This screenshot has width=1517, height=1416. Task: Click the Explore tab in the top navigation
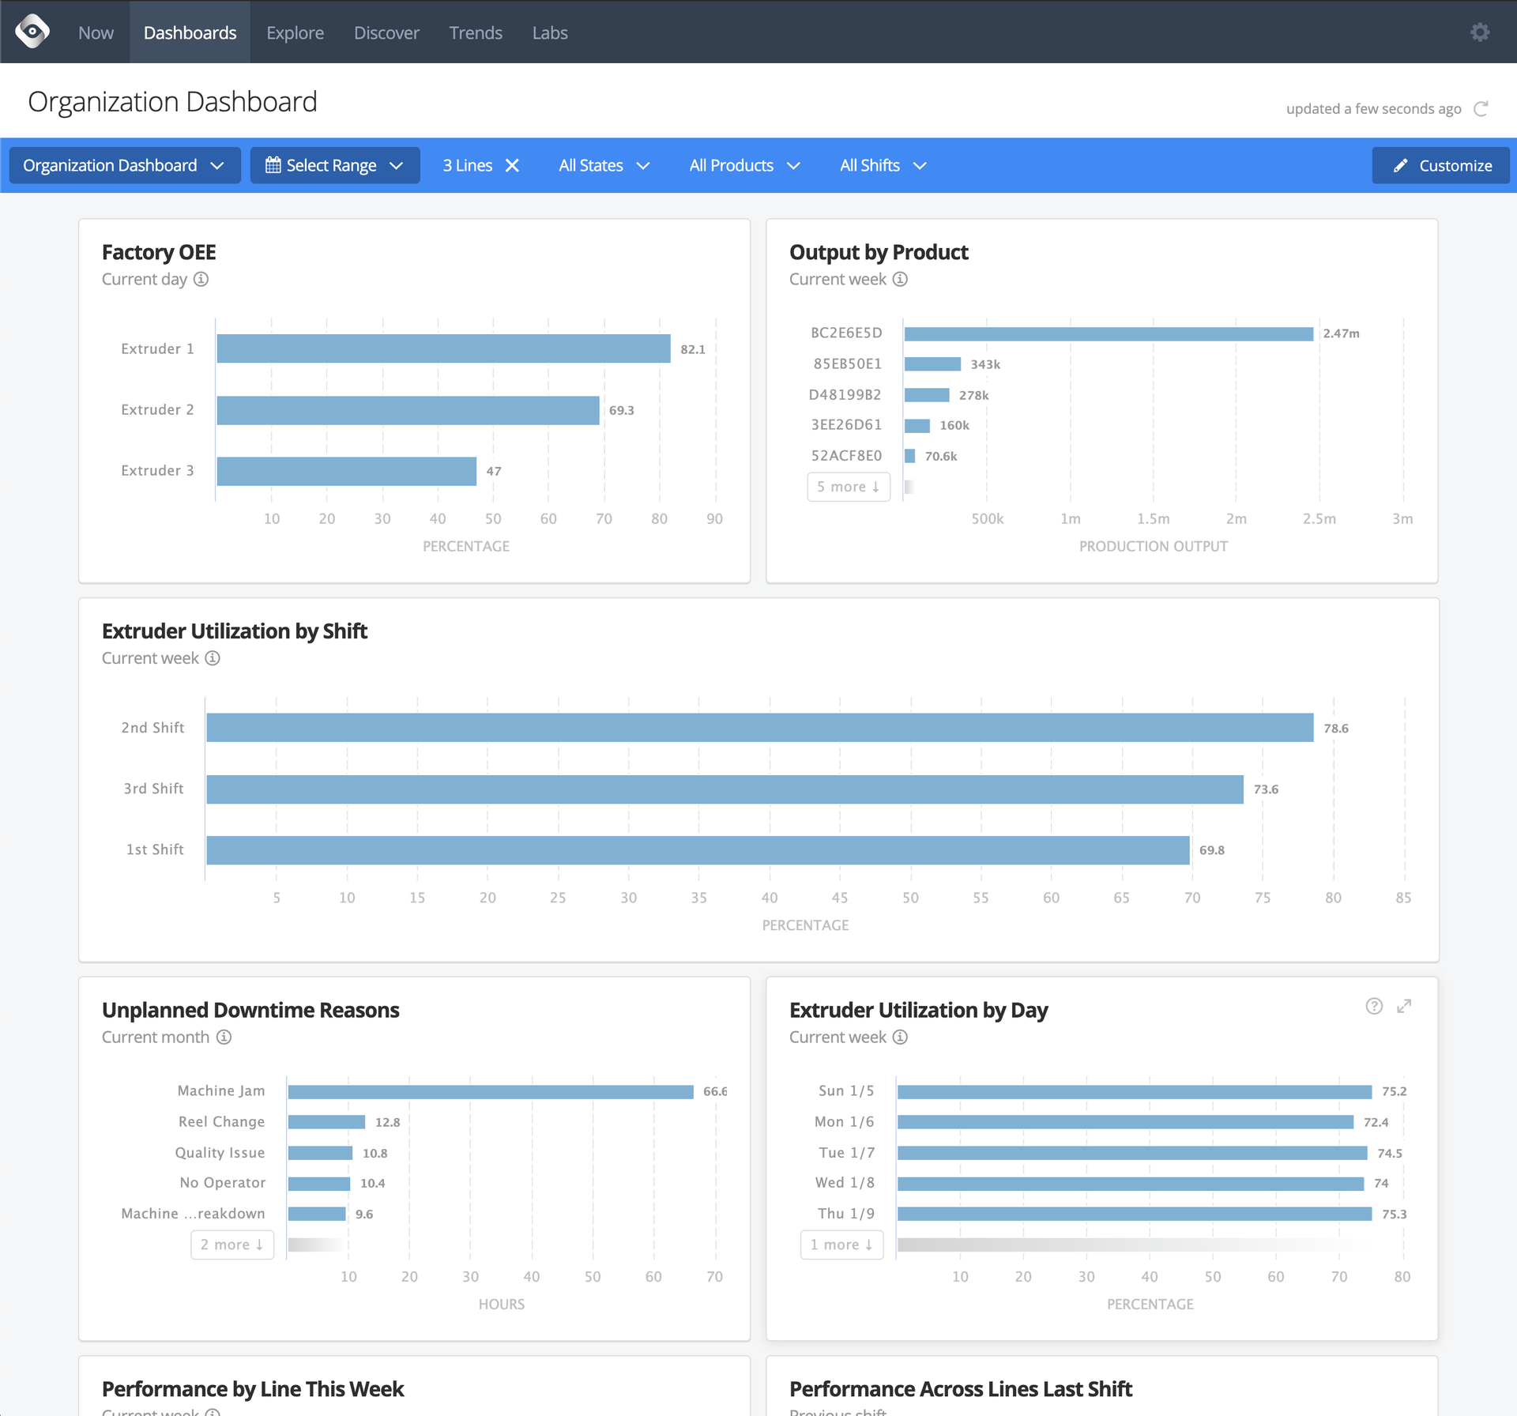tap(295, 32)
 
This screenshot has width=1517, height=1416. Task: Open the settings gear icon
tap(1480, 32)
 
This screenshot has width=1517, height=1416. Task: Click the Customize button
tap(1441, 165)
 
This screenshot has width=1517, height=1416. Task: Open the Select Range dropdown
tap(335, 165)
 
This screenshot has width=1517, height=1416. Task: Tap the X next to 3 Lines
tap(513, 165)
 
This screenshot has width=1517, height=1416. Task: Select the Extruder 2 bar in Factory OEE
tap(408, 410)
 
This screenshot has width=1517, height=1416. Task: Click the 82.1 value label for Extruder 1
tap(693, 349)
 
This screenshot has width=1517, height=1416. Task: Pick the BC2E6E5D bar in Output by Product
tap(1109, 333)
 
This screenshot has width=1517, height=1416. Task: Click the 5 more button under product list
tap(849, 487)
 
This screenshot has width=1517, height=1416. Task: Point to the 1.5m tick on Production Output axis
tap(1154, 518)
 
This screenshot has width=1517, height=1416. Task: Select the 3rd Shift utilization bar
tap(725, 789)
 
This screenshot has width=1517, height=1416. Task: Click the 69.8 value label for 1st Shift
tap(1212, 850)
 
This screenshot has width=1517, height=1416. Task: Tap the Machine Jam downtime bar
tap(491, 1091)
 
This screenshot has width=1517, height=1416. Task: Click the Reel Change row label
tap(221, 1122)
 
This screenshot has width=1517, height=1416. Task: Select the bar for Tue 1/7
tap(1131, 1153)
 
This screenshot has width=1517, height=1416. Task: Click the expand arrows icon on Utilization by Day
tap(1404, 1006)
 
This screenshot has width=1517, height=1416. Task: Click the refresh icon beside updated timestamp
tap(1481, 108)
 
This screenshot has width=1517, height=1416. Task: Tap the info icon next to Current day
tap(201, 279)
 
